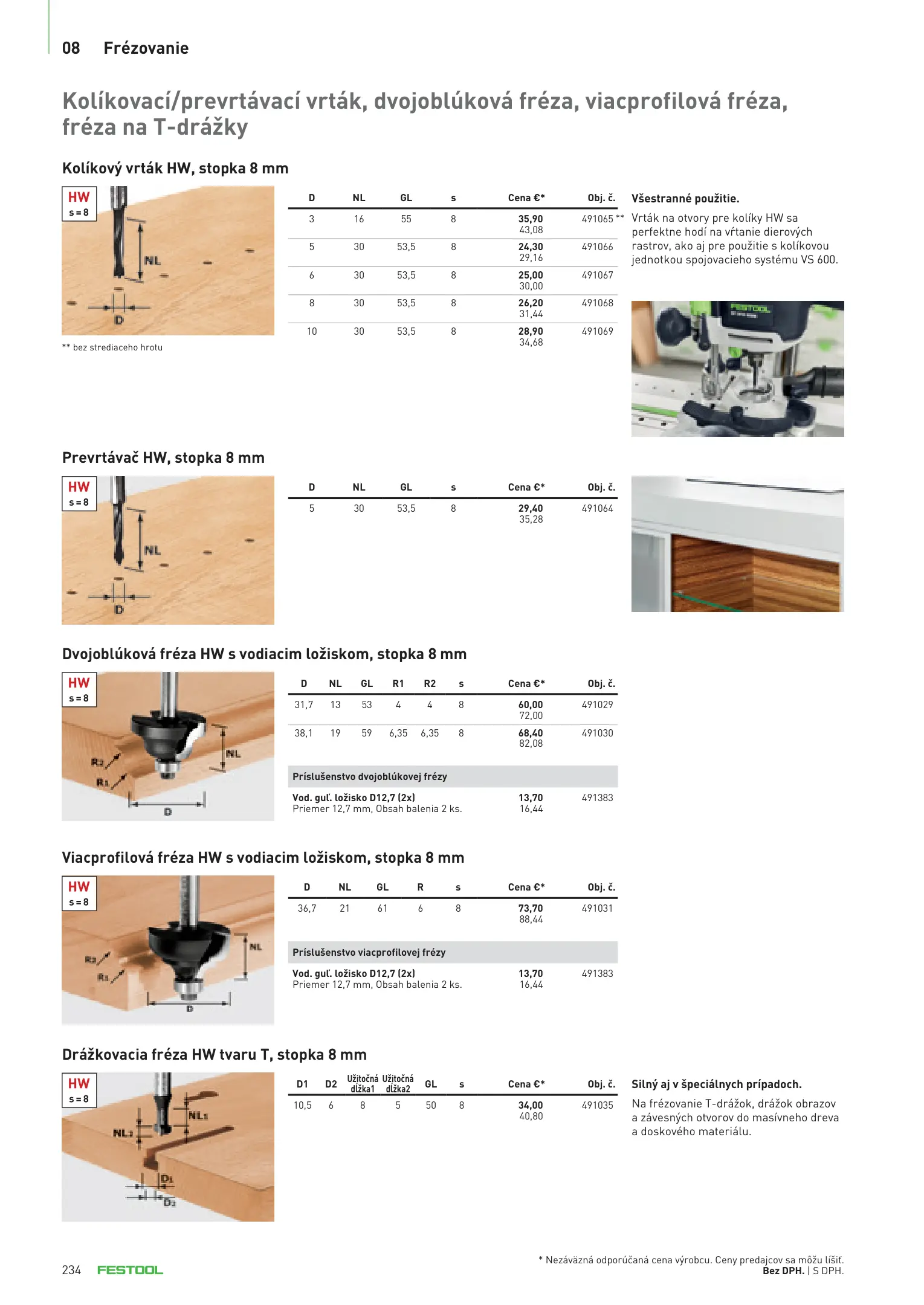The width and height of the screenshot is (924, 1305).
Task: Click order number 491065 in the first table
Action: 597,219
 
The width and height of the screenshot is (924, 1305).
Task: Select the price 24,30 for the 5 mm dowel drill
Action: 530,246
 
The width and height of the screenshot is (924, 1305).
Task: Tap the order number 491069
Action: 597,331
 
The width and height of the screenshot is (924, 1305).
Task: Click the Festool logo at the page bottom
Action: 130,1270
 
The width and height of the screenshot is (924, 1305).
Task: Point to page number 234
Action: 71,1270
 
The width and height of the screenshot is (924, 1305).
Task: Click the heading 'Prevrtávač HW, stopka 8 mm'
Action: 163,457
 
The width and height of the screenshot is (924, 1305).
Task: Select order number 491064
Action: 597,508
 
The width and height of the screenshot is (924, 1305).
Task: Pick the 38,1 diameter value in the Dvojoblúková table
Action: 303,733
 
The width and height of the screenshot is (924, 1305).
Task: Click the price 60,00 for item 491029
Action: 530,704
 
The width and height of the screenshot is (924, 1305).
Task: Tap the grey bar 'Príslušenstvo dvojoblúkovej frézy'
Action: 453,776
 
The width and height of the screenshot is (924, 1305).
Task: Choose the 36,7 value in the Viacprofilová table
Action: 306,908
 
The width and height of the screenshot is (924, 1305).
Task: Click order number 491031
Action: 597,908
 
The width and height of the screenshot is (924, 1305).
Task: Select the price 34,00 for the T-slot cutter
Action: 530,1105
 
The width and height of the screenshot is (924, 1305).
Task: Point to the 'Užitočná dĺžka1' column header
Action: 363,1083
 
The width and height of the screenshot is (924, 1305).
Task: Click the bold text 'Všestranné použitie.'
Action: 685,198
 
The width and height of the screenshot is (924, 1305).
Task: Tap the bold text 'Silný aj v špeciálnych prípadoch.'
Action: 716,1084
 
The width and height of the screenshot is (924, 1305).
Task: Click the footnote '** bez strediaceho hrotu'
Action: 112,347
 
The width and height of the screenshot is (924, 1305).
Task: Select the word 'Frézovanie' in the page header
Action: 146,48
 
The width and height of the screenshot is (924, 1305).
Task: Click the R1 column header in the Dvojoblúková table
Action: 398,683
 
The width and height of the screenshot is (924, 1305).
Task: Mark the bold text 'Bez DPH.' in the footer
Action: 783,1271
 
